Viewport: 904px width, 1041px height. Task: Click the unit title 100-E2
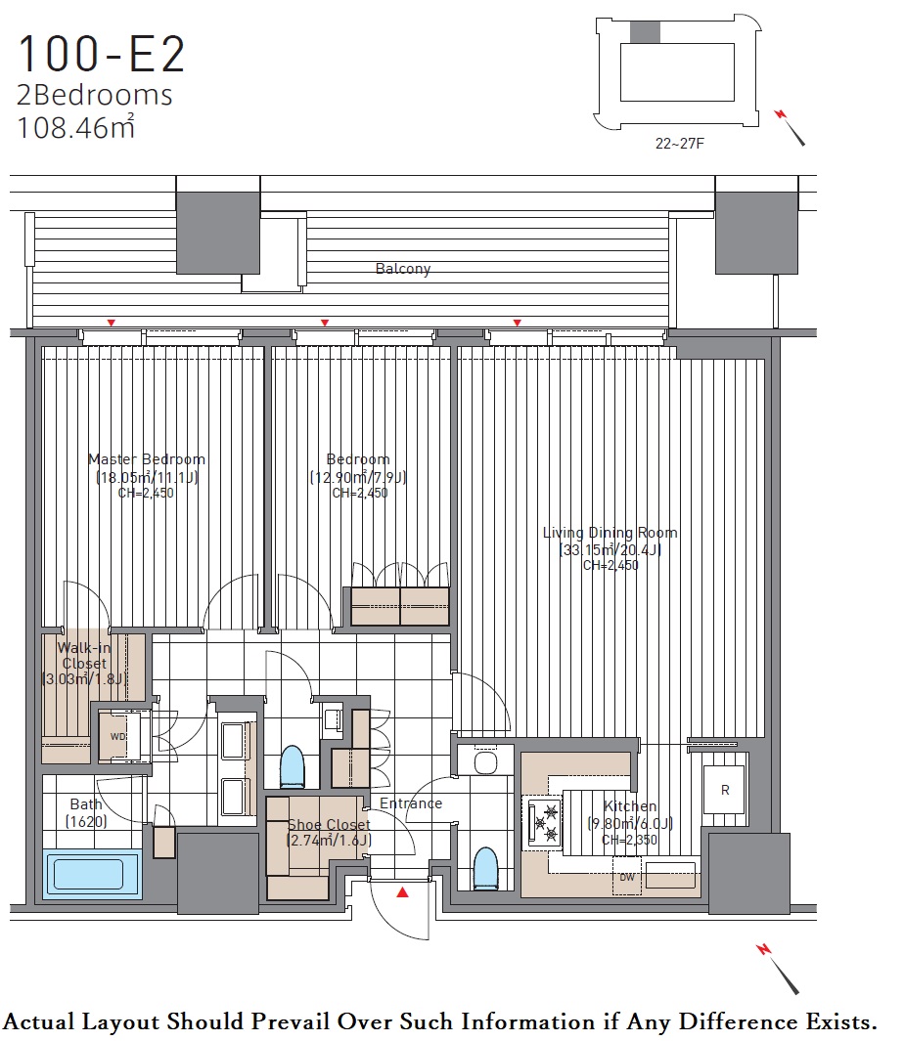point(101,55)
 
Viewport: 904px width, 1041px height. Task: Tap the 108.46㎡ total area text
point(75,127)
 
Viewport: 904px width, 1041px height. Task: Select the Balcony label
point(403,268)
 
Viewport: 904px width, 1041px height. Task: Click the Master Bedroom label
point(146,458)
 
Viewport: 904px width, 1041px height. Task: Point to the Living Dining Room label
point(610,532)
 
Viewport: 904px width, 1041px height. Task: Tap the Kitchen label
point(629,806)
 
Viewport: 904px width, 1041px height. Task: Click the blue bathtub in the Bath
point(92,874)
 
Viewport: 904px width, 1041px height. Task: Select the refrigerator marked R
point(725,790)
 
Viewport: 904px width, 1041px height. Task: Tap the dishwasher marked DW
point(627,877)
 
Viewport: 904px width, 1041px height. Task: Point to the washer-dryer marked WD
point(118,736)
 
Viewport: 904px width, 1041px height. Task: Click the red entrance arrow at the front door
point(402,892)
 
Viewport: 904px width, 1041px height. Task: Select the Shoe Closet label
point(329,824)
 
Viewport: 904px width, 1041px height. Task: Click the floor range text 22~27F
point(679,144)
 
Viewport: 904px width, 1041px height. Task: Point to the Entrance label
point(411,803)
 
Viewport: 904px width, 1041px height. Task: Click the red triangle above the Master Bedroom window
point(112,323)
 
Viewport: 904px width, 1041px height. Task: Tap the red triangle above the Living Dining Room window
point(518,323)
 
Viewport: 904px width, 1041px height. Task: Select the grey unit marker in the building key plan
point(645,32)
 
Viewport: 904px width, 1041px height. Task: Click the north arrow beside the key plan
point(791,127)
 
